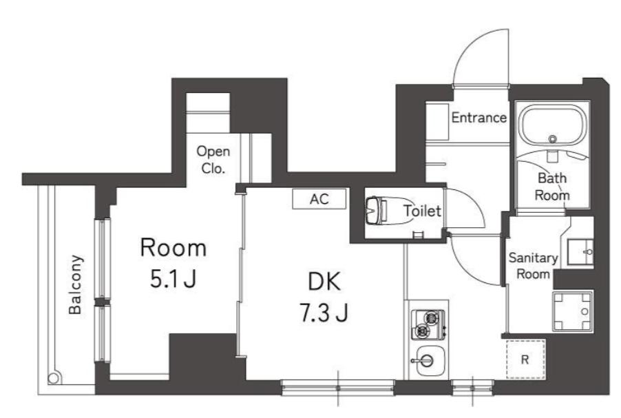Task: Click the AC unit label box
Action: coord(319,198)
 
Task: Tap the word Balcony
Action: coord(75,284)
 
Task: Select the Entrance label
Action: coord(478,117)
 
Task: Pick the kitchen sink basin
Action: coord(427,361)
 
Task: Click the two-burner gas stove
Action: coord(428,324)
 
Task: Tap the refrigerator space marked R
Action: coord(525,359)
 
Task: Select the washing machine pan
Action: coord(572,311)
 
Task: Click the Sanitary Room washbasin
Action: coord(580,252)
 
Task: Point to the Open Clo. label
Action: coord(213,160)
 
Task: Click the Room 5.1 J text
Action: coord(173,262)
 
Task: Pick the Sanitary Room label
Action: coord(533,266)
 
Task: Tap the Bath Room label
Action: coord(552,187)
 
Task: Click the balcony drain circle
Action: coord(54,377)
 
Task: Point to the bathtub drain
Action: coord(553,138)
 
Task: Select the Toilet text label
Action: coord(423,211)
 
